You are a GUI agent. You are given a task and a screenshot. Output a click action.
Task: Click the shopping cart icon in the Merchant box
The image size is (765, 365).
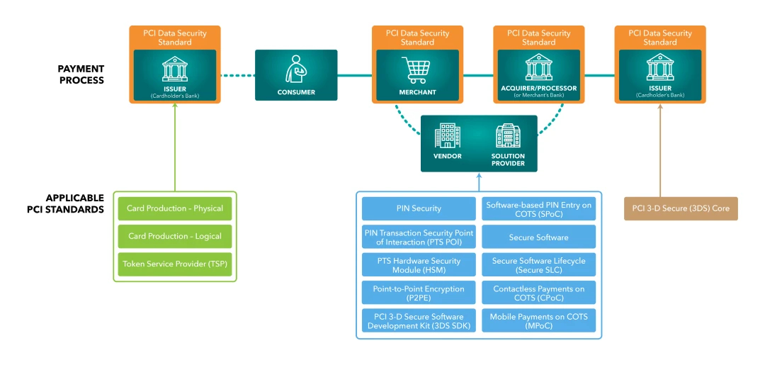[x=417, y=70]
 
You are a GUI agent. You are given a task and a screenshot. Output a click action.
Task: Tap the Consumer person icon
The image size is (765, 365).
[x=296, y=70]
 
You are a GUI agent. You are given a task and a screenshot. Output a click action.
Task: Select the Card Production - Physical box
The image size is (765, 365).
[x=175, y=208]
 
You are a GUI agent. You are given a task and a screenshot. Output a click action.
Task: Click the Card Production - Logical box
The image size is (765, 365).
[x=175, y=236]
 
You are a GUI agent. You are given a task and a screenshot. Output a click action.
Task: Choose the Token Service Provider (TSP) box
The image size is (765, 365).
[x=175, y=264]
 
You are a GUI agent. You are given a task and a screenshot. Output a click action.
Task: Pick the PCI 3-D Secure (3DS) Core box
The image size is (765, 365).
[x=681, y=208]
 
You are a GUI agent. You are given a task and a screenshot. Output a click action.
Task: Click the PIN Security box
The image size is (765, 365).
[x=419, y=208]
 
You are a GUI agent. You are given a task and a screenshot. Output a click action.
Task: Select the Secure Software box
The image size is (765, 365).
[x=538, y=237]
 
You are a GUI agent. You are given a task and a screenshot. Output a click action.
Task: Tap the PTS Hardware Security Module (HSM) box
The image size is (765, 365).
[x=419, y=265]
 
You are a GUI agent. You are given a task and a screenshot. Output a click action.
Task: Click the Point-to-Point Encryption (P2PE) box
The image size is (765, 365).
[x=419, y=293]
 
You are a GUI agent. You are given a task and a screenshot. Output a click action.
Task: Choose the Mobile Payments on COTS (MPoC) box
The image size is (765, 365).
[x=538, y=321]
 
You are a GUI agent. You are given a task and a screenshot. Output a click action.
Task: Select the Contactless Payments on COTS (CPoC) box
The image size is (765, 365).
[x=538, y=293]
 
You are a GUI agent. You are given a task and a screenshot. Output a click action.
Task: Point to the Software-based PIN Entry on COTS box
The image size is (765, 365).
[x=538, y=208]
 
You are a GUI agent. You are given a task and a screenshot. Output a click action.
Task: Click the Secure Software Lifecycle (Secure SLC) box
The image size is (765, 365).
[x=538, y=265]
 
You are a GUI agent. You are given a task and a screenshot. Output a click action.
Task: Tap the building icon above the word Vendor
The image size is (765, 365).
[x=448, y=135]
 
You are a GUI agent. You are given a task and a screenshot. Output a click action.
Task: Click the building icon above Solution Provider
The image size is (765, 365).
[x=508, y=135]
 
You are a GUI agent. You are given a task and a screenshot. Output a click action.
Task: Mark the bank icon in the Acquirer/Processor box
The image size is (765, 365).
[x=538, y=68]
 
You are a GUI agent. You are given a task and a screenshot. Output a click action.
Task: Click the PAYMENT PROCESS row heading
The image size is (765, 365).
[x=81, y=74]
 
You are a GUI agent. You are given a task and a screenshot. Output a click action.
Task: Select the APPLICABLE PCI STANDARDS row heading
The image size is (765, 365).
[x=74, y=203]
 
